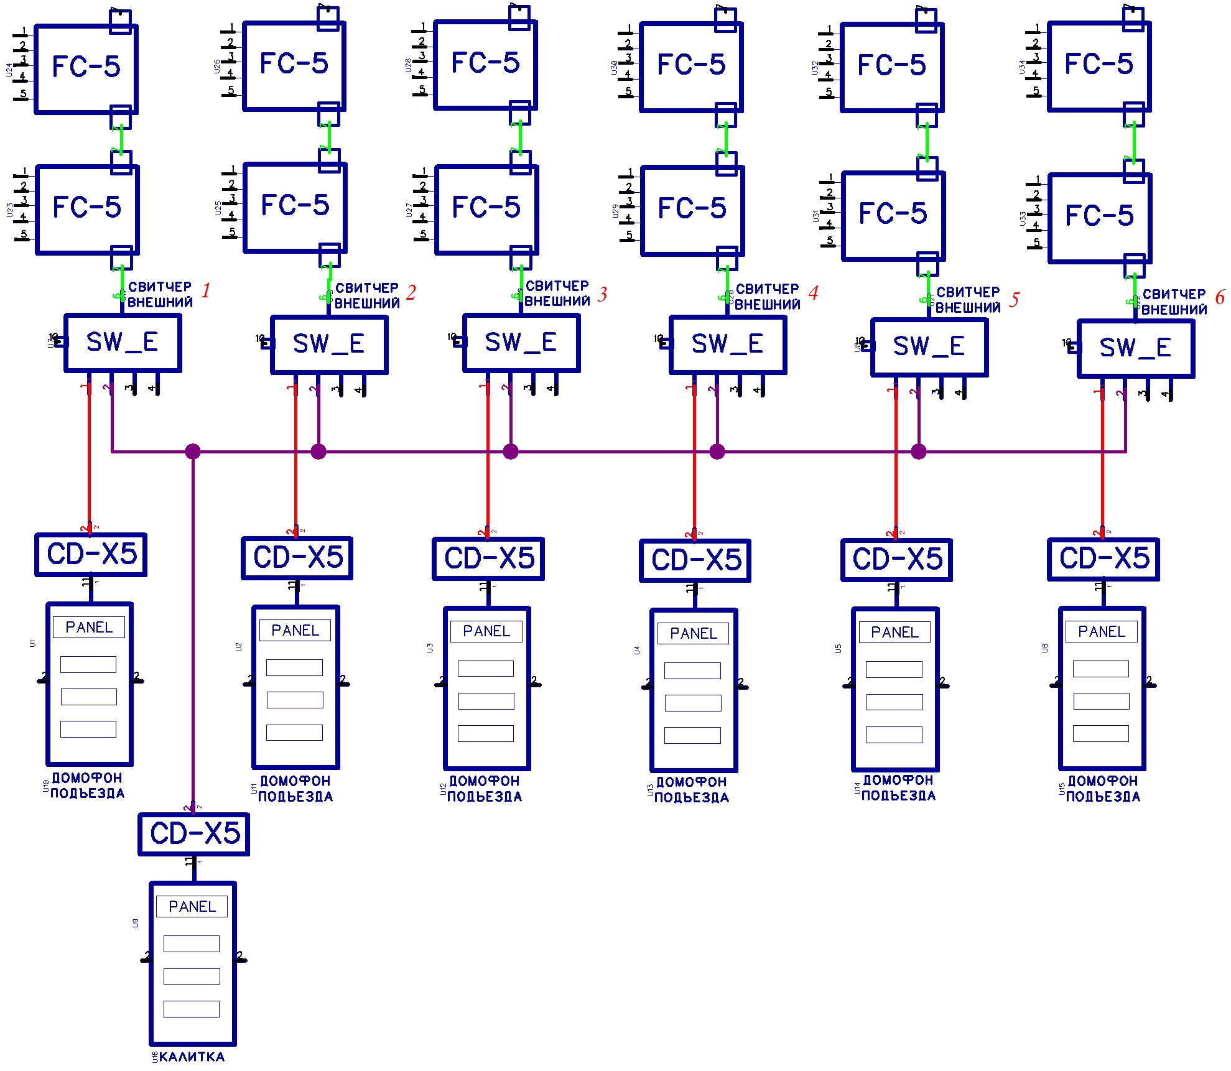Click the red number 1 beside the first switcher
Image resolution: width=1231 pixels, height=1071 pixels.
tap(206, 290)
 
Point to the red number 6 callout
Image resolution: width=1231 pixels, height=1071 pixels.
tap(1219, 298)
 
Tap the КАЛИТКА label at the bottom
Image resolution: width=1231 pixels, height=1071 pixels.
tap(192, 1057)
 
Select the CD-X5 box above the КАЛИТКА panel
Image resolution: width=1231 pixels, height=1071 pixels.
tap(194, 834)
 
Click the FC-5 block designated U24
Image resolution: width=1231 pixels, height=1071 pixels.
tap(86, 69)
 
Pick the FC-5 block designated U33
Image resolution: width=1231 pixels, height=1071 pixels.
tap(1099, 218)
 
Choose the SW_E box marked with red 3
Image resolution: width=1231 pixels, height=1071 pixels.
tap(521, 343)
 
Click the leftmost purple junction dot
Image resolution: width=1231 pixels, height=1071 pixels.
tap(193, 451)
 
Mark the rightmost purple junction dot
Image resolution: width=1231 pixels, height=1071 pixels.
tap(918, 452)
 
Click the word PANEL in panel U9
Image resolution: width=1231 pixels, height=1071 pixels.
tap(192, 907)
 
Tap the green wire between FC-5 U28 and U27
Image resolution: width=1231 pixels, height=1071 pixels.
tap(520, 138)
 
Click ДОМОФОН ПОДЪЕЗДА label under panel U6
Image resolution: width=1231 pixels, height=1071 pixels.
tap(1102, 789)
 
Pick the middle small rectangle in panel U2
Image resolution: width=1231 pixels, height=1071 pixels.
tap(295, 700)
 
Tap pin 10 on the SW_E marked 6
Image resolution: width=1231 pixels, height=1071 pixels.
tap(1072, 346)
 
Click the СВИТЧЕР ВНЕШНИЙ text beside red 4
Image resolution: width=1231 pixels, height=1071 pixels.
tap(768, 297)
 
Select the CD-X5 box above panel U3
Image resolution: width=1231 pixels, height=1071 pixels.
tap(489, 559)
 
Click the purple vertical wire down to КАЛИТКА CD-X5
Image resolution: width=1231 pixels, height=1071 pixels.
tap(193, 622)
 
